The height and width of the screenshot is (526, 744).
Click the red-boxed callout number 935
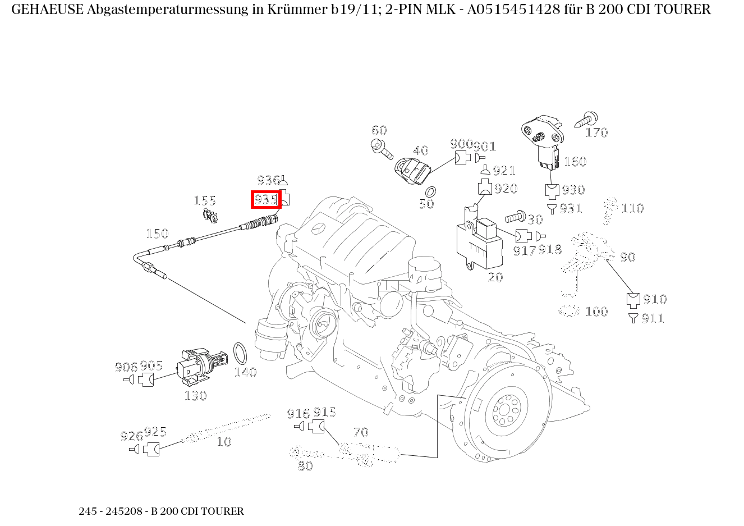[266, 199]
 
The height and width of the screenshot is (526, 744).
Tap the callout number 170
[596, 132]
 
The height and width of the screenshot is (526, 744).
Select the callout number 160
[575, 162]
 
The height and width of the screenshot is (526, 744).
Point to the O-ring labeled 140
[240, 354]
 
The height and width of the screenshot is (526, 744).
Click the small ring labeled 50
[431, 191]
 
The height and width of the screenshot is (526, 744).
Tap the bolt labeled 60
[383, 148]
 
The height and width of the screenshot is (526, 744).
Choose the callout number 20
[495, 277]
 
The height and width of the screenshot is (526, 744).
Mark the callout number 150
[157, 234]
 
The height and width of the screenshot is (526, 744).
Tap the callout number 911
[653, 319]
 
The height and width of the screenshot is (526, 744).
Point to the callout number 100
[596, 312]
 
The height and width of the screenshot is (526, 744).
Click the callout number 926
[132, 436]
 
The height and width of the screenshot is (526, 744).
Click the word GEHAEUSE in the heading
[47, 10]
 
